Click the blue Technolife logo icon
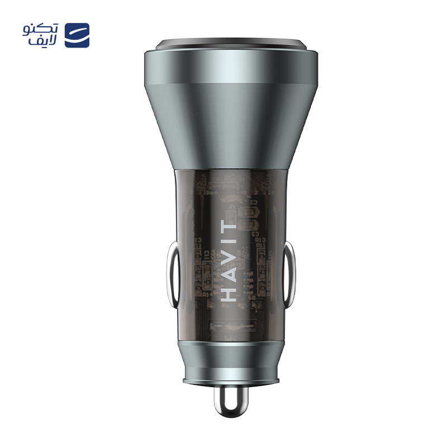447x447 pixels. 77,35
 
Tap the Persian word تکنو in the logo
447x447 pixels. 41,30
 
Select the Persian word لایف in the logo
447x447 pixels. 43,41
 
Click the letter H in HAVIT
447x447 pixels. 229,293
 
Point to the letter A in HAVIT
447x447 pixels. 229,273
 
